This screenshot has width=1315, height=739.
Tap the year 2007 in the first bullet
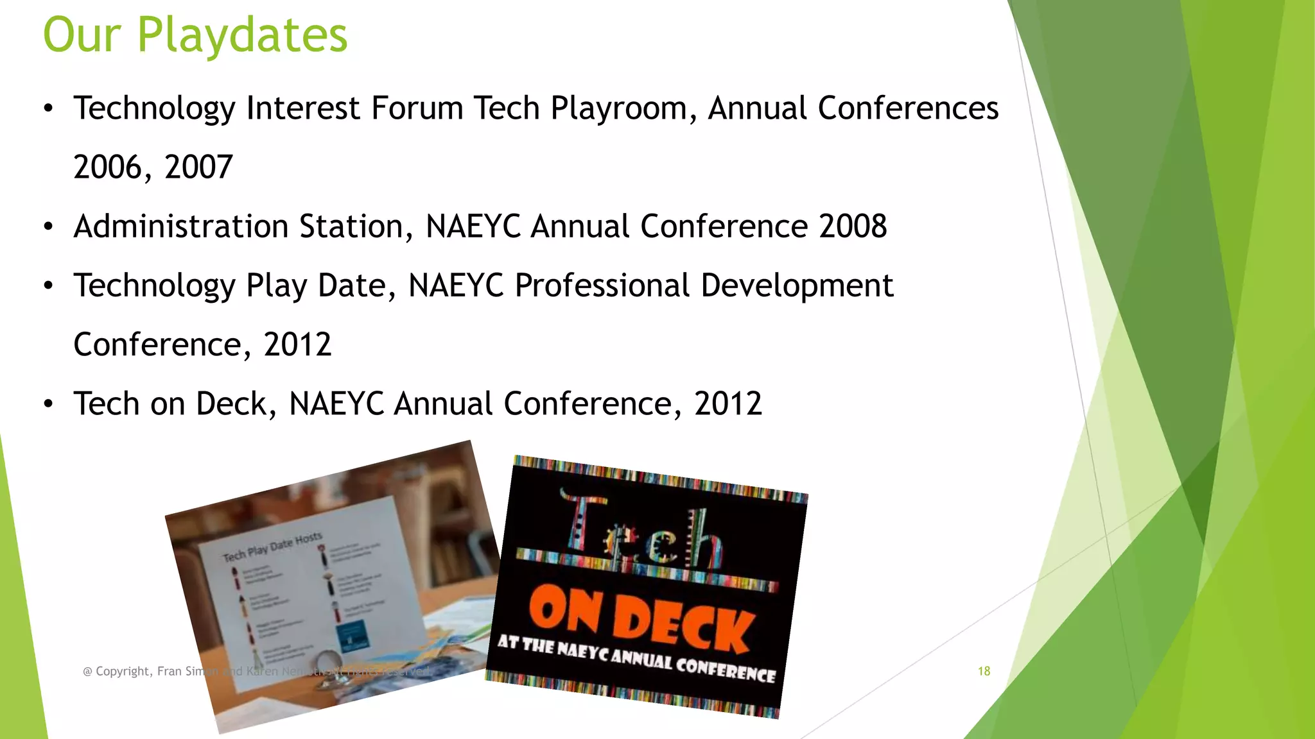point(198,167)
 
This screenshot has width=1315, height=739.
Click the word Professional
point(602,285)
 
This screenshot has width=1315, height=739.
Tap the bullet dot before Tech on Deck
point(49,405)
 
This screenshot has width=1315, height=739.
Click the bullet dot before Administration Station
point(49,227)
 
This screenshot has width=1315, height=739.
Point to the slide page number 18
point(984,671)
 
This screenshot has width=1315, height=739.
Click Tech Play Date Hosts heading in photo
point(272,547)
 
